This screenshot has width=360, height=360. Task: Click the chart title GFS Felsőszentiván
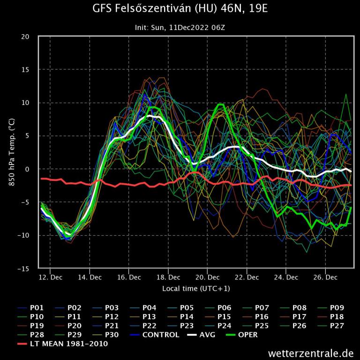180,9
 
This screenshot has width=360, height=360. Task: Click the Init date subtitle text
180,28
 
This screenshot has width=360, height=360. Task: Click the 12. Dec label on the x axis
50,277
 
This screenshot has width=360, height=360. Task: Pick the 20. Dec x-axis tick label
207,277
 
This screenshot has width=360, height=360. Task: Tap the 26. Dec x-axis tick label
325,277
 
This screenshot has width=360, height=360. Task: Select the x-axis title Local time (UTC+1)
196,288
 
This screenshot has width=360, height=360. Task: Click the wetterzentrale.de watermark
311,352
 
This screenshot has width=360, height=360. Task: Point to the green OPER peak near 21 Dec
220,104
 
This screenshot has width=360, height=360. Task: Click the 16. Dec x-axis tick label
129,277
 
